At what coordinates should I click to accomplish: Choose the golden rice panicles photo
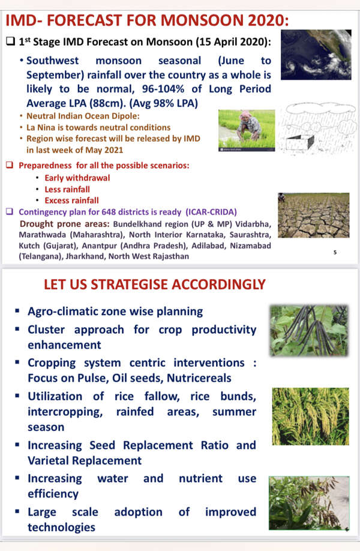pyautogui.click(x=310, y=416)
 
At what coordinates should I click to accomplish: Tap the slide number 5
pyautogui.click(x=335, y=253)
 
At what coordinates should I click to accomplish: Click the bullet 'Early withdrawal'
pyautogui.click(x=77, y=178)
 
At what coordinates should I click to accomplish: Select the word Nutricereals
pyautogui.click(x=195, y=379)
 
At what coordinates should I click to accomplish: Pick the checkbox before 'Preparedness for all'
pyautogui.click(x=10, y=166)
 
